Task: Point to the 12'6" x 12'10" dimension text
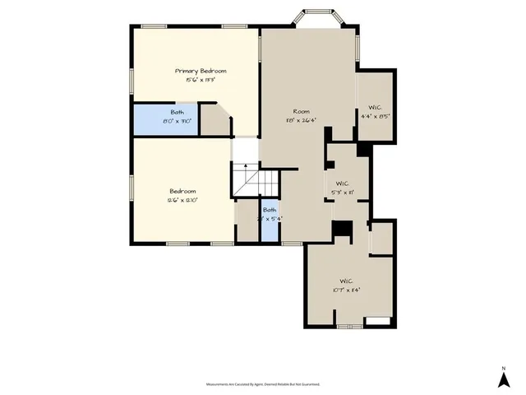[x=183, y=200]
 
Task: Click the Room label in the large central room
[x=301, y=111]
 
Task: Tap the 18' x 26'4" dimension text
[x=301, y=120]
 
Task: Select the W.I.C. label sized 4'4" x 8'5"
[x=375, y=107]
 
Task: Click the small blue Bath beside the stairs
[x=270, y=219]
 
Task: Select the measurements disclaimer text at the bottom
[x=263, y=384]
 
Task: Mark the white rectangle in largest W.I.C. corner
[x=377, y=319]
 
